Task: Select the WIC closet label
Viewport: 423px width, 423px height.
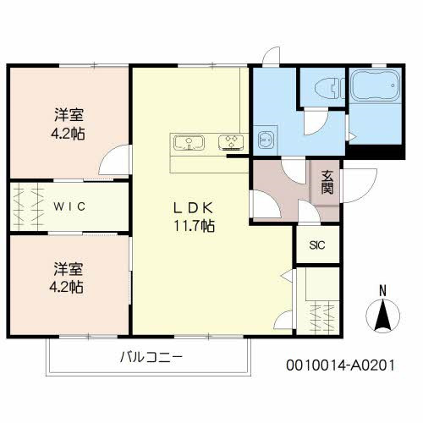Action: (69, 206)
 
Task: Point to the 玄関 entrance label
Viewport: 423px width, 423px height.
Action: (327, 183)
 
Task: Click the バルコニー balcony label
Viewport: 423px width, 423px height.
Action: (150, 357)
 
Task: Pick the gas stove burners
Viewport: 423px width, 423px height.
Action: (230, 142)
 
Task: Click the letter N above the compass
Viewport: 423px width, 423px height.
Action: (382, 290)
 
